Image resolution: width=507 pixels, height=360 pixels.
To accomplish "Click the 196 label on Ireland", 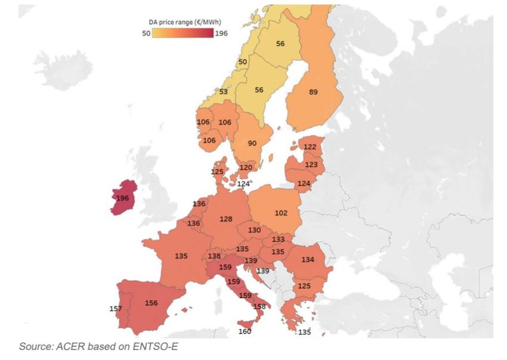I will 123,197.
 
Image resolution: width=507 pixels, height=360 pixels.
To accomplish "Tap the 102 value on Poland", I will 281,213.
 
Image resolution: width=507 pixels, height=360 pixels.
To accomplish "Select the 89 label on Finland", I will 313,92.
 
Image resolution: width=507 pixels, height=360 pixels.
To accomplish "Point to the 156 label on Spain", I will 152,303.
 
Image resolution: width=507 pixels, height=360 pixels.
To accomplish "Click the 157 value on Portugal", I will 116,308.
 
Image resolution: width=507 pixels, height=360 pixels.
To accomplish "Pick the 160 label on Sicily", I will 245,331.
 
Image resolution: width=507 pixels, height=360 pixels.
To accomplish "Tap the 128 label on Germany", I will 225,219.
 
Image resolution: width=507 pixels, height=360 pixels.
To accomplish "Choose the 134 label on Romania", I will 308,259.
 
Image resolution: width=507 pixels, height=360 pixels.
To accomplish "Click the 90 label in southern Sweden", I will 252,143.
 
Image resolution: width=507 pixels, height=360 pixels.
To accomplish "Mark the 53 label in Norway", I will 223,92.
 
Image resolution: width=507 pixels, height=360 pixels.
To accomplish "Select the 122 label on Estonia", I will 310,147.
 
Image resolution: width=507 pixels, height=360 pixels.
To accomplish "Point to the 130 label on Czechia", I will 254,230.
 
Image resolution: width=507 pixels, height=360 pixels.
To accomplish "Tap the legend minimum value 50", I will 146,33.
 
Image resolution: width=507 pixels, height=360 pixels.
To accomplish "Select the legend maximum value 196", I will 221,33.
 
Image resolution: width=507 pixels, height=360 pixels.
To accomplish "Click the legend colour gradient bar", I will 183,33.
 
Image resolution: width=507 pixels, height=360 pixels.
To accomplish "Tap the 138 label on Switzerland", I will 214,256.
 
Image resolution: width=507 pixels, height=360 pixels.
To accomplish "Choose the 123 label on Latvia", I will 311,164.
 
